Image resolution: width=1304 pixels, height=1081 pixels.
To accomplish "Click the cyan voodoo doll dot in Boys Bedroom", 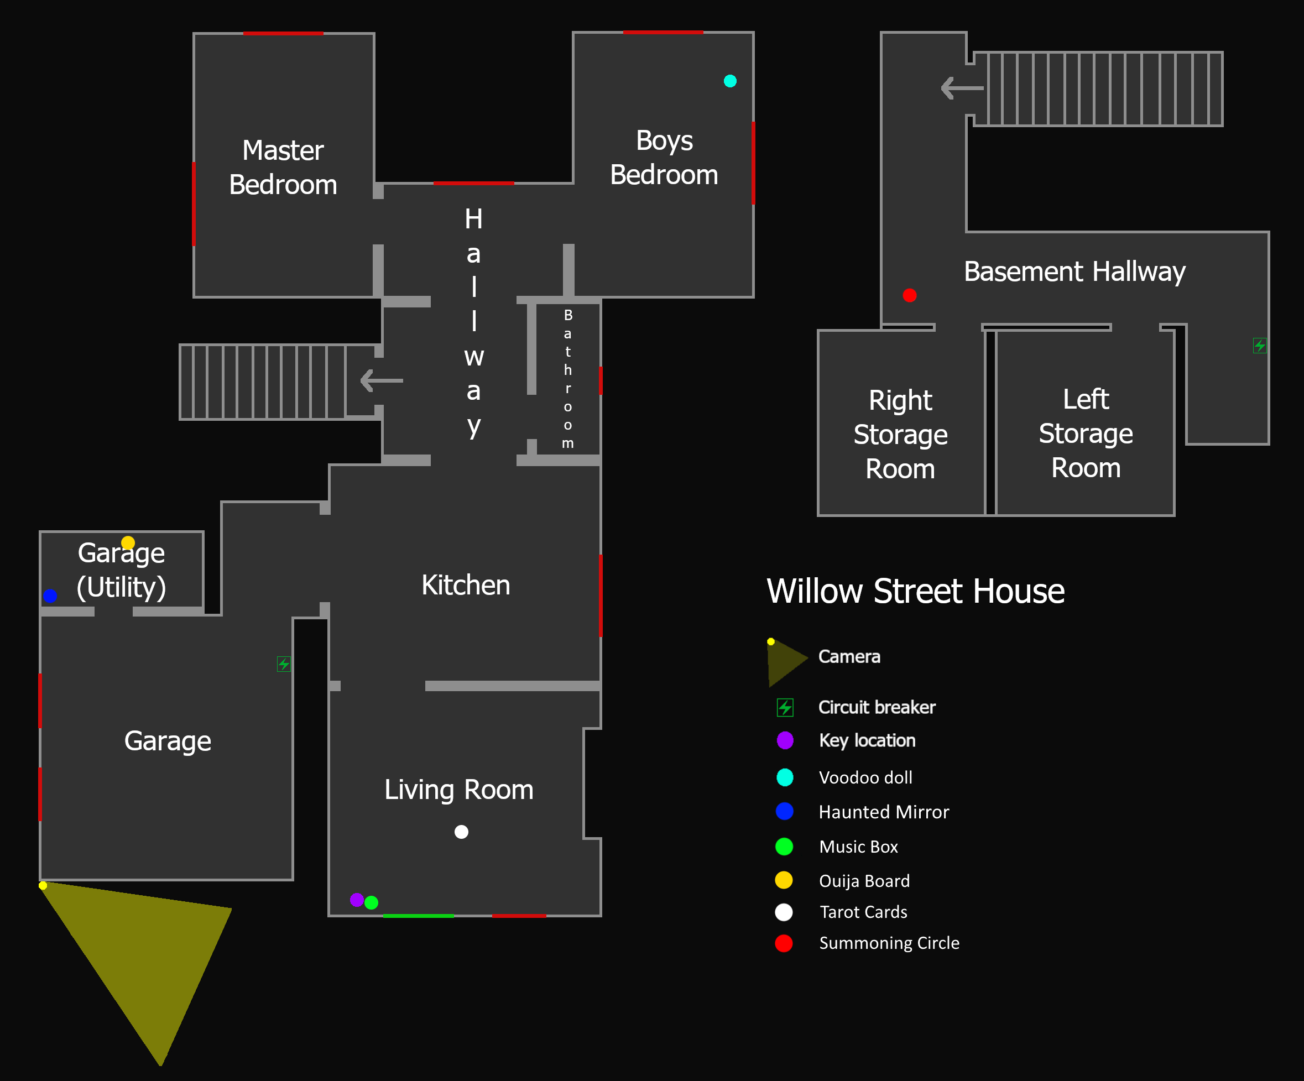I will pyautogui.click(x=730, y=81).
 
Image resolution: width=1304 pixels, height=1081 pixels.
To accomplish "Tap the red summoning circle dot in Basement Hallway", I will pyautogui.click(x=910, y=296).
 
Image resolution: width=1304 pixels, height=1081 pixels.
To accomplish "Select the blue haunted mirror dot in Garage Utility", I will pyautogui.click(x=50, y=596).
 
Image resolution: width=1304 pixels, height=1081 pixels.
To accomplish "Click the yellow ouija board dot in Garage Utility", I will pyautogui.click(x=128, y=542).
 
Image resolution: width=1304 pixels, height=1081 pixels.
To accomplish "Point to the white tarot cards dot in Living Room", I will pyautogui.click(x=461, y=832).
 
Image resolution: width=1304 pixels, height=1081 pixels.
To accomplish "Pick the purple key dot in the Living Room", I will pyautogui.click(x=357, y=900).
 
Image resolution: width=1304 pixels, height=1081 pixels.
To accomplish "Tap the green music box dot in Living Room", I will pyautogui.click(x=371, y=902).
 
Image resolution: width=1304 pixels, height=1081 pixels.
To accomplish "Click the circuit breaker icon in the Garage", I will pyautogui.click(x=284, y=665).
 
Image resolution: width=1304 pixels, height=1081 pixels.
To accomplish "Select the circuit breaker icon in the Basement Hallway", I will pyautogui.click(x=1260, y=346).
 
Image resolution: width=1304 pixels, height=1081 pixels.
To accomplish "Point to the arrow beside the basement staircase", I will pyautogui.click(x=962, y=88).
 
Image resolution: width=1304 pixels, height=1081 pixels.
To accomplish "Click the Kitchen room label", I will pyautogui.click(x=466, y=585).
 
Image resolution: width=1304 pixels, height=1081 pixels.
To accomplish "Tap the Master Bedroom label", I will pyautogui.click(x=283, y=168).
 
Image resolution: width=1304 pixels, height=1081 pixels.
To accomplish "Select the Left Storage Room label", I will pyautogui.click(x=1086, y=434).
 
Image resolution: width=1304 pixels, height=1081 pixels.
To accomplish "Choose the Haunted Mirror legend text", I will pyautogui.click(x=884, y=812).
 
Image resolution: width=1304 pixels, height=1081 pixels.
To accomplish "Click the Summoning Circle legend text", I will pyautogui.click(x=889, y=943).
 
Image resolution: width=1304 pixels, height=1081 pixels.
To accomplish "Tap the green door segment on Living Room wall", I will pyautogui.click(x=419, y=916).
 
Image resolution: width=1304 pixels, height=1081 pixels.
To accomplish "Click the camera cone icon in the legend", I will pyautogui.click(x=785, y=662).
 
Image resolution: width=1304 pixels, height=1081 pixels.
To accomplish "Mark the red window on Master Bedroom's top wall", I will pyautogui.click(x=283, y=34).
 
